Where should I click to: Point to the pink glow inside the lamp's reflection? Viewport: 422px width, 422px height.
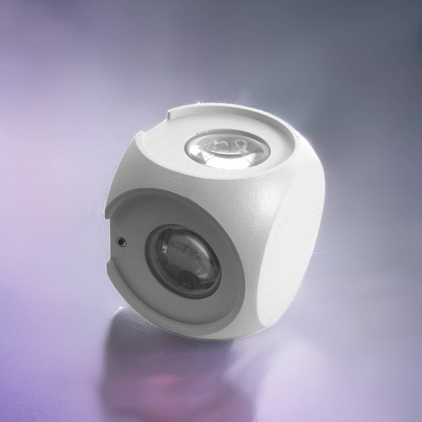[x=158, y=380]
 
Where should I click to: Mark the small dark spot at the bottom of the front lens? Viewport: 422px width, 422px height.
[x=185, y=280]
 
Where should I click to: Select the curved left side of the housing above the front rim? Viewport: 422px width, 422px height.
[x=127, y=169]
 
